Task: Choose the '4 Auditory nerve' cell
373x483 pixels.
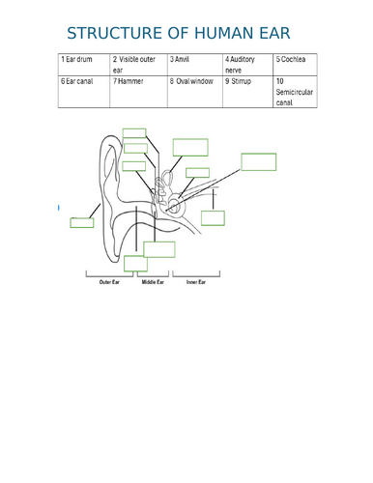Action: [247, 65]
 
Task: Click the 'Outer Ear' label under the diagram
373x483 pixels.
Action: [109, 282]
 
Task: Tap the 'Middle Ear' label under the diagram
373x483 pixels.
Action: [154, 282]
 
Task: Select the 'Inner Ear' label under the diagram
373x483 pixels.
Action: [197, 282]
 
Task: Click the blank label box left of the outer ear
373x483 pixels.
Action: [82, 222]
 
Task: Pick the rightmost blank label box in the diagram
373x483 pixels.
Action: [259, 161]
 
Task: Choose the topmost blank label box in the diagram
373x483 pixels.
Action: [134, 132]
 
